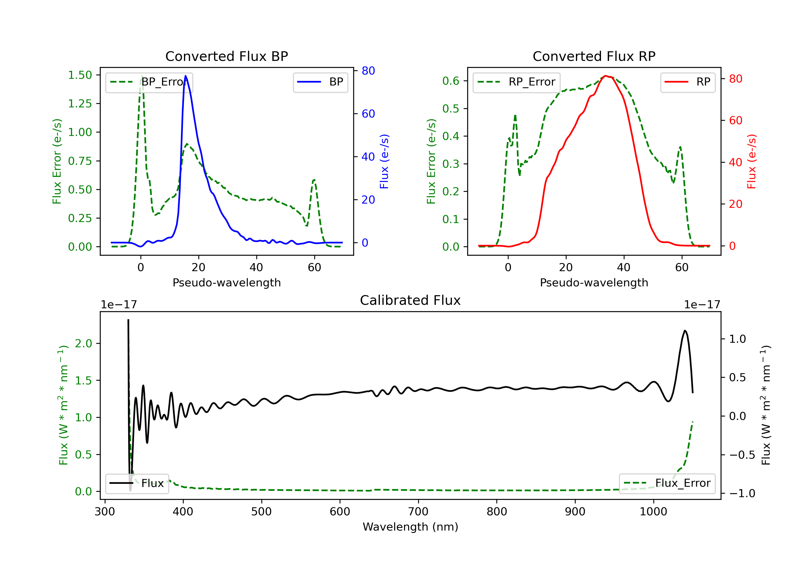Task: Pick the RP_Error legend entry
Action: coord(517,82)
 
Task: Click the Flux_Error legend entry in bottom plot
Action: coord(667,483)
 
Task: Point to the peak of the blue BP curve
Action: coord(186,76)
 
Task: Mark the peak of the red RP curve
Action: coord(606,76)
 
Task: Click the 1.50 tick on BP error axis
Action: coord(80,75)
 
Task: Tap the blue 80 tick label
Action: coord(368,71)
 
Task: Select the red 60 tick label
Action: coord(735,121)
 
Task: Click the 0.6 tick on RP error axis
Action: coord(451,81)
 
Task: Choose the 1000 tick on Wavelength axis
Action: coord(653,512)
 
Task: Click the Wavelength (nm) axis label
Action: coord(410,527)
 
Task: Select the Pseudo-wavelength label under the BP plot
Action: coord(226,283)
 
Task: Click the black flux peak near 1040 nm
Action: coord(685,331)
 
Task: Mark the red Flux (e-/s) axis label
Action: coord(751,162)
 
